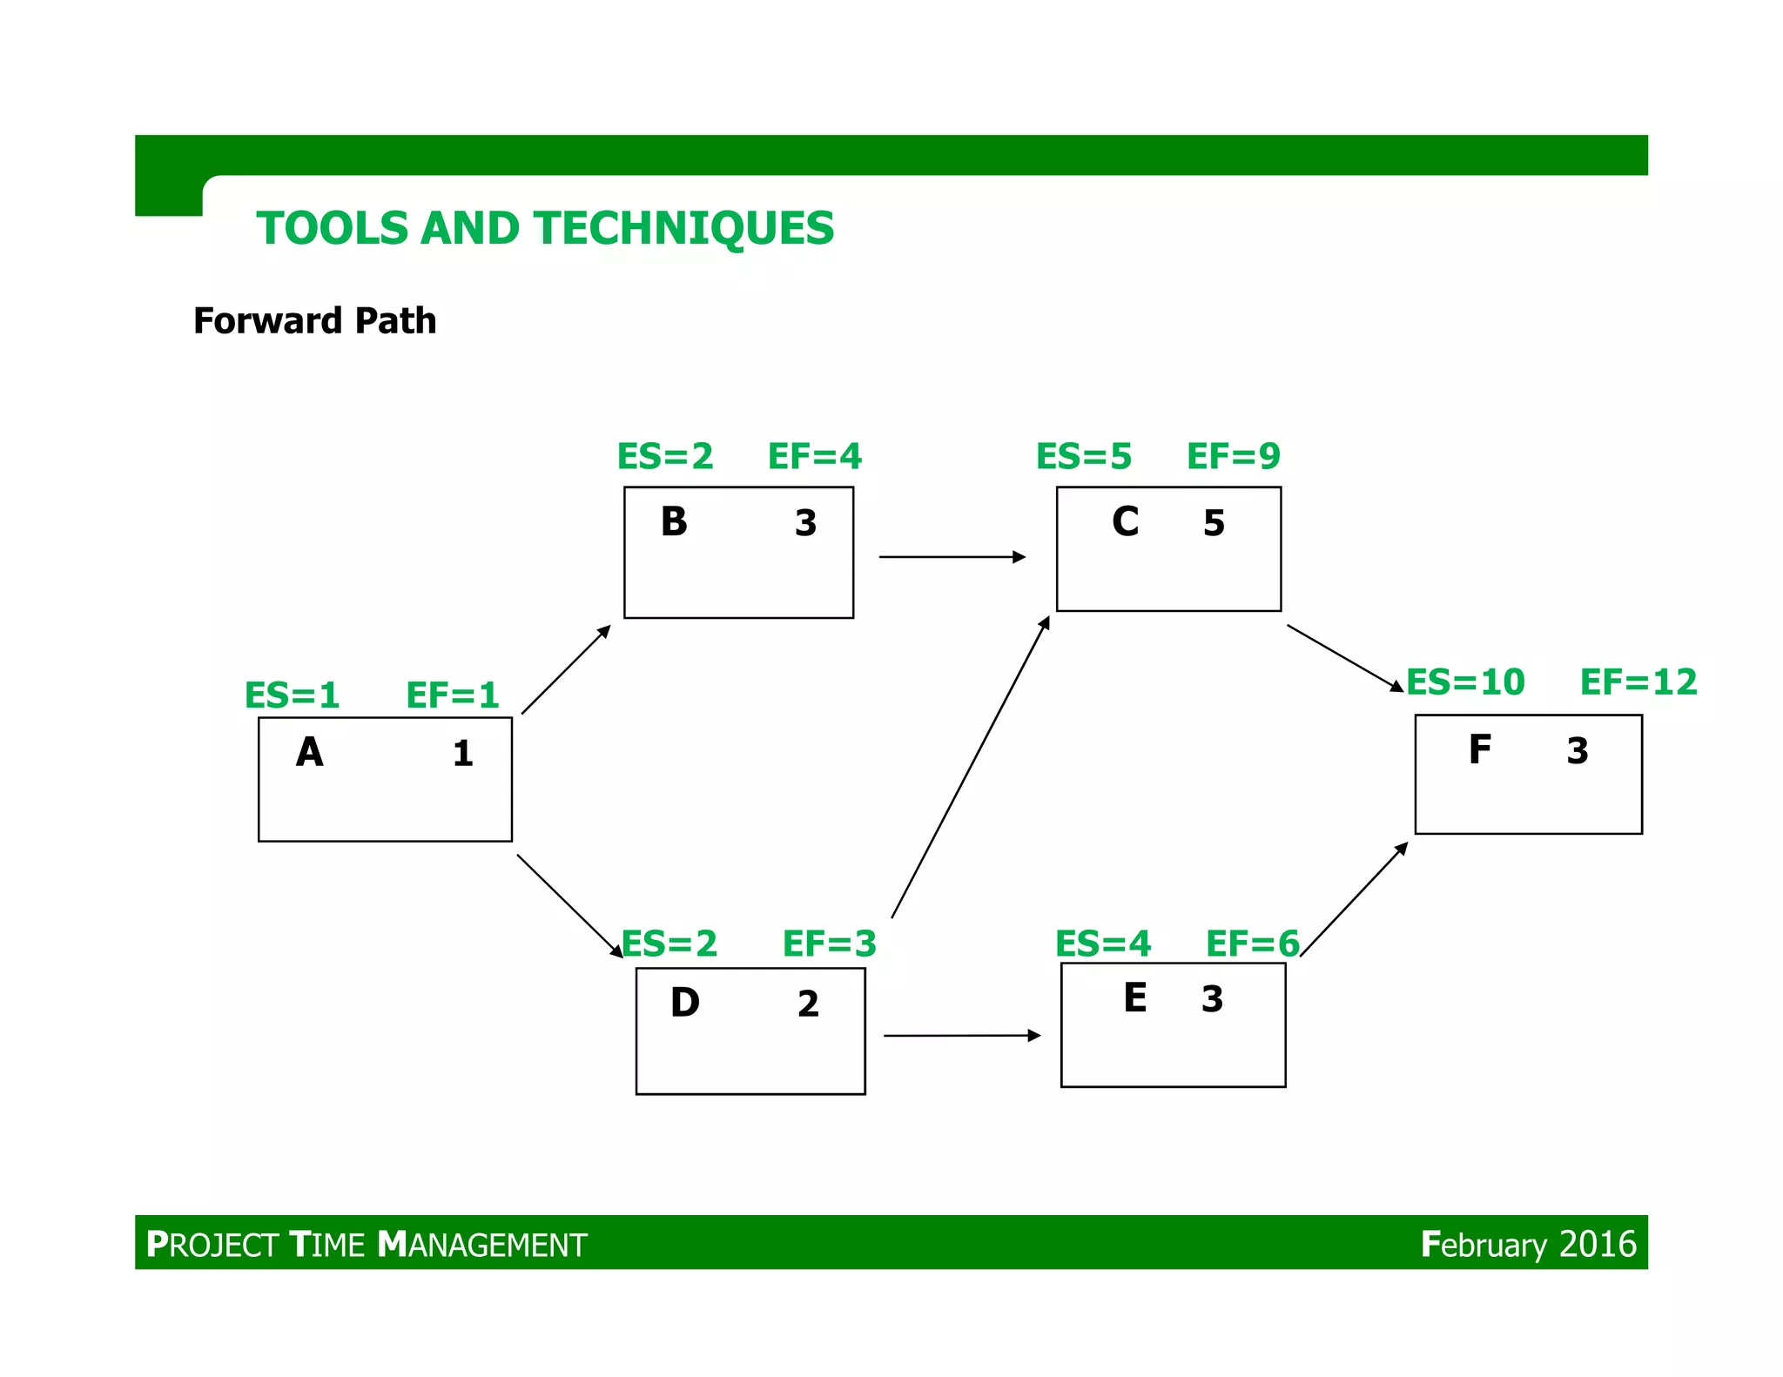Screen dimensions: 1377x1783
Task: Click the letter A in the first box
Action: pyautogui.click(x=310, y=752)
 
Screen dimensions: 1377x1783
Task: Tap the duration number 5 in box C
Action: pyautogui.click(x=1214, y=523)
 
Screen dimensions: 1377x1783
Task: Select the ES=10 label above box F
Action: pyautogui.click(x=1466, y=682)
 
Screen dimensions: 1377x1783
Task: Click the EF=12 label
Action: pyautogui.click(x=1638, y=682)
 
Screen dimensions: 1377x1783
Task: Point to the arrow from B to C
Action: pyautogui.click(x=952, y=556)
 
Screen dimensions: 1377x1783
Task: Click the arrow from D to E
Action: pyautogui.click(x=962, y=1035)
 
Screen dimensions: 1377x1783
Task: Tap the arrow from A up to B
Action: pyautogui.click(x=566, y=669)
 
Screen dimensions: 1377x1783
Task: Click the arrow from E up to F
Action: pyautogui.click(x=1354, y=899)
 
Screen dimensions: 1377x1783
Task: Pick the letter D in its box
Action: pyautogui.click(x=685, y=1003)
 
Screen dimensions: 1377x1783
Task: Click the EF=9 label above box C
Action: pyautogui.click(x=1234, y=456)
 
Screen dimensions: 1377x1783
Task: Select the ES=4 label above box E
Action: pyautogui.click(x=1103, y=944)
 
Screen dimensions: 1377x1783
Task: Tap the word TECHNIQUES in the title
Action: pyautogui.click(x=684, y=228)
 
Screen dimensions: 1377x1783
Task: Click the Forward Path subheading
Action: pyautogui.click(x=314, y=320)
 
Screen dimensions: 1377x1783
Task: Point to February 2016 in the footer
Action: pyautogui.click(x=1528, y=1244)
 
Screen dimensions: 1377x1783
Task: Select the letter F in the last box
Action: pyautogui.click(x=1480, y=749)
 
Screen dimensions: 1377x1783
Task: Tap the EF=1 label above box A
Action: pyautogui.click(x=453, y=695)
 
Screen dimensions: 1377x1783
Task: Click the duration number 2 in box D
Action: pyautogui.click(x=808, y=1004)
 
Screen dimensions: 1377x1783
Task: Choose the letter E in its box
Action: pyautogui.click(x=1135, y=997)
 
